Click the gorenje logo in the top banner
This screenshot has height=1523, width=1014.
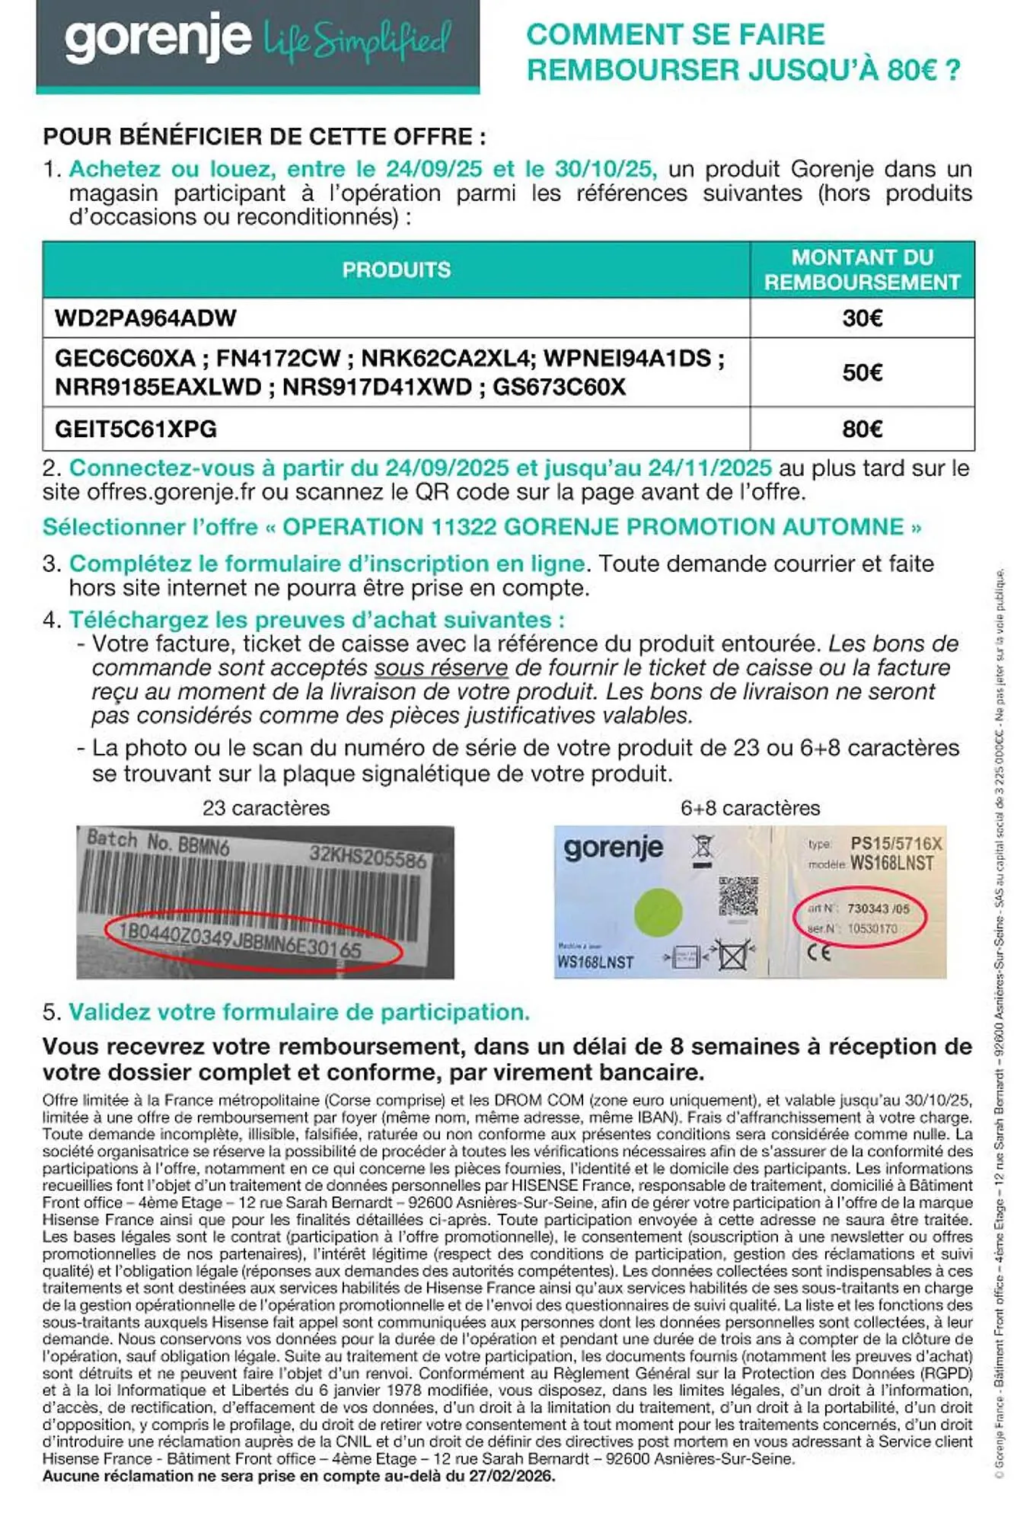click(x=158, y=38)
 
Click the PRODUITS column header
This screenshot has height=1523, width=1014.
click(x=396, y=270)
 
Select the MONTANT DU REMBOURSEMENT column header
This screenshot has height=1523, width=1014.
click(x=862, y=270)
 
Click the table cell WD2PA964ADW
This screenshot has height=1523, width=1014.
click(x=145, y=318)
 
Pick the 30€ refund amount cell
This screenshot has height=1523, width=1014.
click(x=862, y=318)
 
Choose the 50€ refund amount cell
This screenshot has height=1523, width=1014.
click(x=862, y=372)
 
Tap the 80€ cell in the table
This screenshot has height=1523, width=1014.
click(x=862, y=429)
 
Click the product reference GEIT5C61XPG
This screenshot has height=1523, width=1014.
click(x=136, y=429)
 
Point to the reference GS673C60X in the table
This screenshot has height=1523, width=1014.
click(x=559, y=387)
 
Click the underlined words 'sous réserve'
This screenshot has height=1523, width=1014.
click(x=441, y=668)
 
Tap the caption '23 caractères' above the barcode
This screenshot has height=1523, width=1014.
click(x=266, y=808)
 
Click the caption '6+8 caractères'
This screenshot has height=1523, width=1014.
click(x=750, y=808)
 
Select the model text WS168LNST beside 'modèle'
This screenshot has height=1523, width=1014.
click(x=891, y=863)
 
